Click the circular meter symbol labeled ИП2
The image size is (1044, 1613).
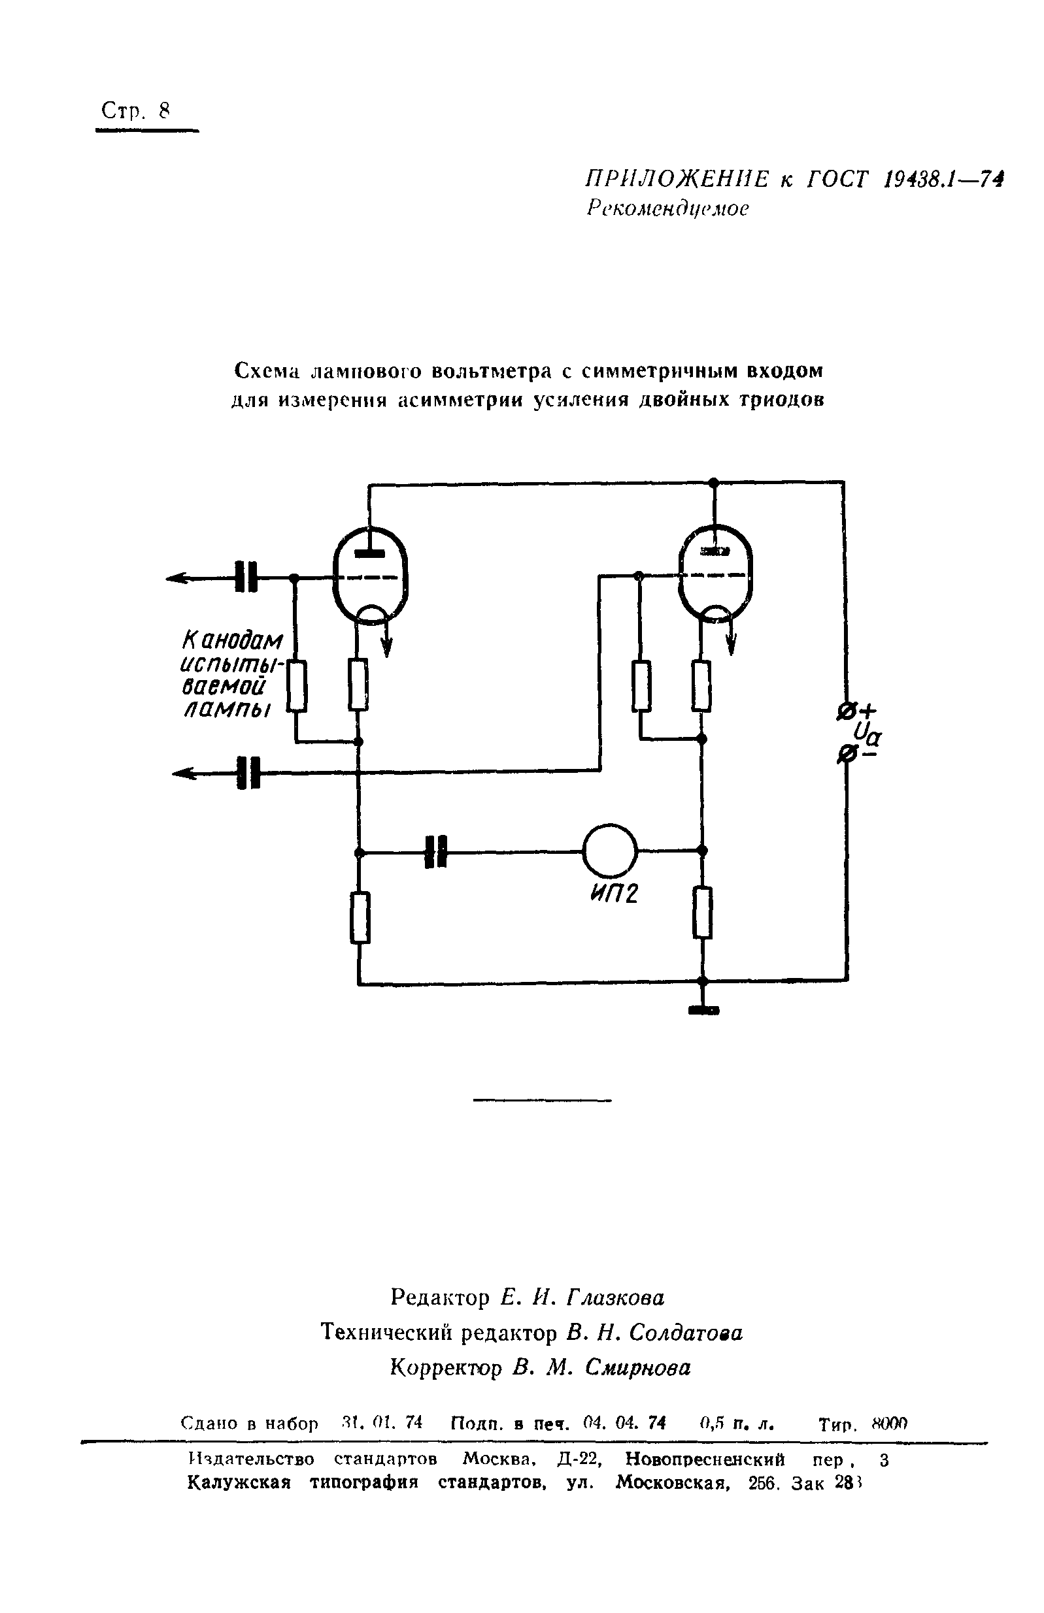click(x=609, y=851)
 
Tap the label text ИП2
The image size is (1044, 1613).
click(x=615, y=895)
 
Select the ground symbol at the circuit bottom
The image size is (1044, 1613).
click(x=703, y=1010)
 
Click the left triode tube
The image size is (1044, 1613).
click(x=370, y=576)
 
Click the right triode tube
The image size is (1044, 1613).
click(x=715, y=574)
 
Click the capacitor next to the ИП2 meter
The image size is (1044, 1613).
click(x=436, y=851)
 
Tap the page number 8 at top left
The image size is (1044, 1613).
click(x=163, y=110)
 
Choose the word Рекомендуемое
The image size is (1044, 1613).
click(x=667, y=208)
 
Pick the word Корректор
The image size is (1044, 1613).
click(x=446, y=1368)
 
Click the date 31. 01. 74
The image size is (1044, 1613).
click(x=382, y=1423)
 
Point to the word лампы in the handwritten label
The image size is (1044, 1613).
click(x=226, y=709)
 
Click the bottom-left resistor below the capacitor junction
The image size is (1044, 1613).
click(x=360, y=918)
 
